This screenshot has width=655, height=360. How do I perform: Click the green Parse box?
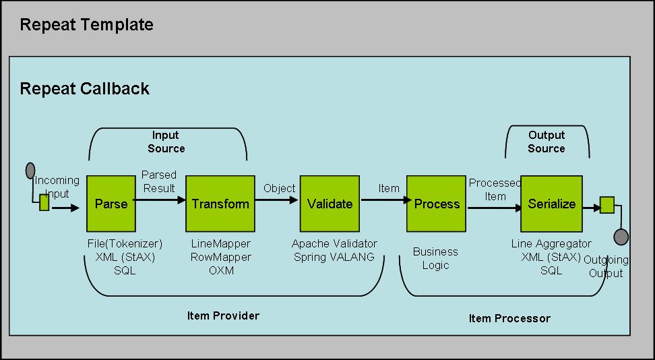pyautogui.click(x=112, y=204)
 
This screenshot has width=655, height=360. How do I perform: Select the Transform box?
pyautogui.click(x=220, y=204)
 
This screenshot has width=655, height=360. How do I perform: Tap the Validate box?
pyautogui.click(x=330, y=204)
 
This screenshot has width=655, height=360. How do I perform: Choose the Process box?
pyautogui.click(x=437, y=204)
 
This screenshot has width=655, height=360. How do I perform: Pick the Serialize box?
pyautogui.click(x=552, y=204)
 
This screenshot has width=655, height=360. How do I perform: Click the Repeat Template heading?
pyautogui.click(x=87, y=26)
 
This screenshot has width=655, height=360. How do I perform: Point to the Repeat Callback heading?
pyautogui.click(x=85, y=88)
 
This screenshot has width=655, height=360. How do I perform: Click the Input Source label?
pyautogui.click(x=166, y=142)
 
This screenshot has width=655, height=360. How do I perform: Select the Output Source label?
pyautogui.click(x=547, y=142)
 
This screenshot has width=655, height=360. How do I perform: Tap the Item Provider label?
pyautogui.click(x=223, y=316)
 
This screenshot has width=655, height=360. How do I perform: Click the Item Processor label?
pyautogui.click(x=509, y=318)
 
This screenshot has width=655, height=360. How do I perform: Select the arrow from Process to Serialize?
pyautogui.click(x=494, y=209)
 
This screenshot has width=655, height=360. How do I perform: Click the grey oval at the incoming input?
pyautogui.click(x=30, y=171)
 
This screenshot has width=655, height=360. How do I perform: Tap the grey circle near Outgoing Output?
pyautogui.click(x=621, y=237)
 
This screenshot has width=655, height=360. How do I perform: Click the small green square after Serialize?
pyautogui.click(x=607, y=205)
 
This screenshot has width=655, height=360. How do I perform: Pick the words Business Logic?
pyautogui.click(x=435, y=258)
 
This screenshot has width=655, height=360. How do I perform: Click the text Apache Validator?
pyautogui.click(x=334, y=243)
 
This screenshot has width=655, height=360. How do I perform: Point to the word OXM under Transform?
pyautogui.click(x=220, y=270)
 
